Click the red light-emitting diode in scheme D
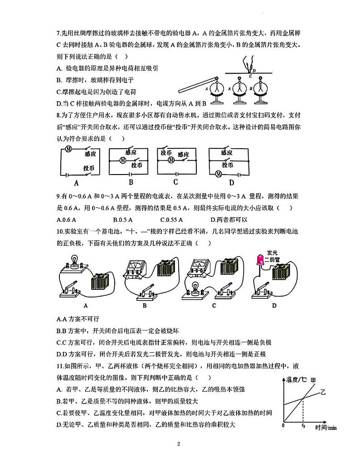(262, 260)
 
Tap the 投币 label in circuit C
(166, 153)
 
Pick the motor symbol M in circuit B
(122, 160)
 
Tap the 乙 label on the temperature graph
(323, 391)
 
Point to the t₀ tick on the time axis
(302, 426)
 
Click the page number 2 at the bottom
(180, 444)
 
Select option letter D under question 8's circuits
(231, 183)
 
